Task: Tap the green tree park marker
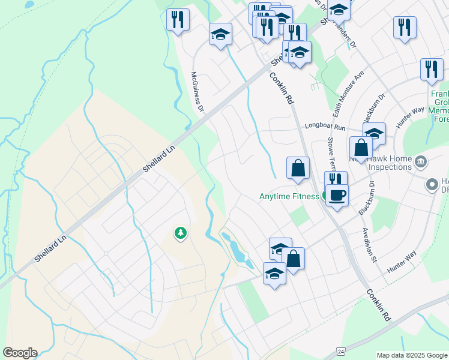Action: [179, 232]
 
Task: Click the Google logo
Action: [20, 353]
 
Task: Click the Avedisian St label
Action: [369, 247]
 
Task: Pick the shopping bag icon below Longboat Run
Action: [361, 148]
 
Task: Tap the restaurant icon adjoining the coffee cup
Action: [335, 180]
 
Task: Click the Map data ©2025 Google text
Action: [412, 355]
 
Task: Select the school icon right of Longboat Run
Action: [374, 133]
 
